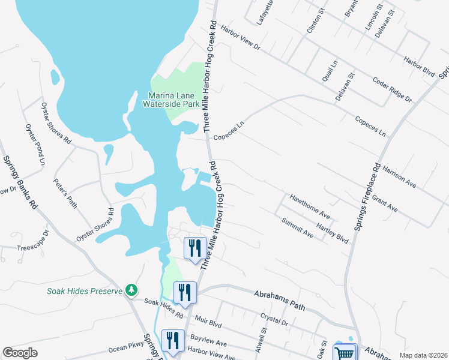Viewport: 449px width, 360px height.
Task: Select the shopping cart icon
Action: pyautogui.click(x=345, y=353)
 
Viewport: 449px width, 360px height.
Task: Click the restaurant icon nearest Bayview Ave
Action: pyautogui.click(x=173, y=340)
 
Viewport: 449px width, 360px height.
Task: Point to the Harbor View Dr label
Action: pyautogui.click(x=240, y=37)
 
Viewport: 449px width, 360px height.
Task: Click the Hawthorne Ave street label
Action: pyautogui.click(x=310, y=205)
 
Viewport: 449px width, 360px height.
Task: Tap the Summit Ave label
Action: pyautogui.click(x=298, y=226)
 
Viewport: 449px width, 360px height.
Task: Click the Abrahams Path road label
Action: pyautogui.click(x=280, y=301)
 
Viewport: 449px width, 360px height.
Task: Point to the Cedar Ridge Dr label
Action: pyautogui.click(x=392, y=89)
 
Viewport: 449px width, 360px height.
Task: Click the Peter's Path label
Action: pyautogui.click(x=65, y=193)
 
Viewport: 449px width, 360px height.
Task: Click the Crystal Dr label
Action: pyautogui.click(x=275, y=319)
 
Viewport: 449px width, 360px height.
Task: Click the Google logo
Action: pyautogui.click(x=20, y=353)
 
